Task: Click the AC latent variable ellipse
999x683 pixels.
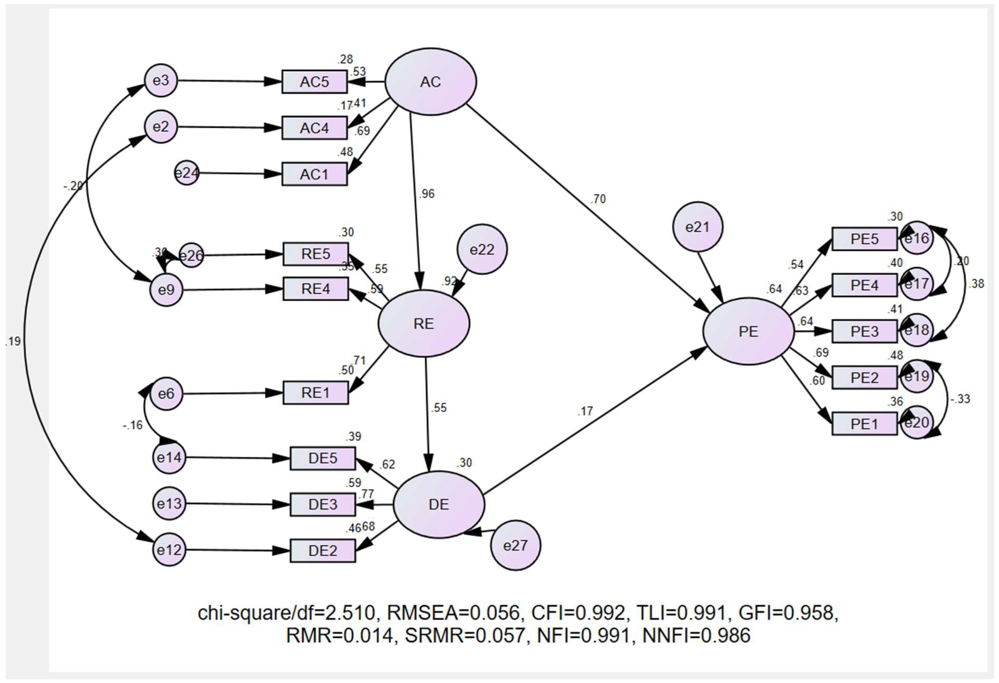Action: click(430, 82)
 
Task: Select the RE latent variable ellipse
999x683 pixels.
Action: click(423, 323)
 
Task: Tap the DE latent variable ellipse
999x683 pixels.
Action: click(439, 504)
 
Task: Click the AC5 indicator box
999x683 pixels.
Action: click(314, 82)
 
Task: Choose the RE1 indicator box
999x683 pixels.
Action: click(315, 392)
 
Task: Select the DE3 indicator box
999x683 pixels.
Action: click(322, 504)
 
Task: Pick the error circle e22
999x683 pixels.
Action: click(482, 249)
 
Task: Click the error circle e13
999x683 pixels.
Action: click(169, 503)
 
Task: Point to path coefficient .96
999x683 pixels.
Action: click(426, 194)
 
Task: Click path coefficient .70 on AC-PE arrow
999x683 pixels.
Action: click(598, 199)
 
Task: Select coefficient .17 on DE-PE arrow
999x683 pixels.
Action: click(585, 411)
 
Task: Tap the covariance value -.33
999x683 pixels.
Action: click(960, 399)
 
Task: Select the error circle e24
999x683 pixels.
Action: click(187, 173)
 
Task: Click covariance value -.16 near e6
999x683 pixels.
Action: click(132, 425)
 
